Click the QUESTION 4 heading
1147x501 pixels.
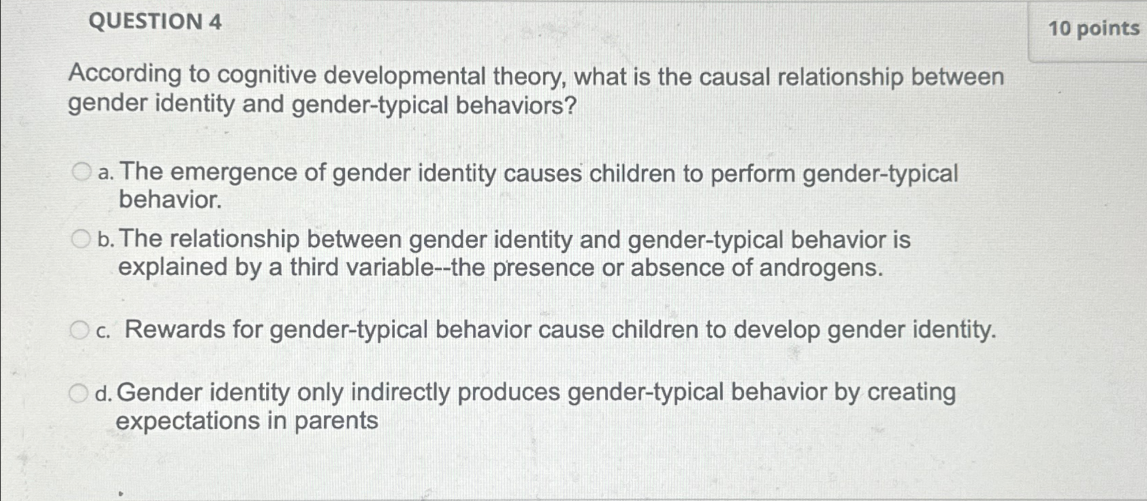(155, 22)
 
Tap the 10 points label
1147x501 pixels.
(1094, 29)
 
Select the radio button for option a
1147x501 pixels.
(82, 172)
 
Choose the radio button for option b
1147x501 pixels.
(80, 239)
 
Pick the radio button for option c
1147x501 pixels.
(80, 330)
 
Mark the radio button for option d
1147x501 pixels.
(78, 393)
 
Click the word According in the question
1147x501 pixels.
(125, 75)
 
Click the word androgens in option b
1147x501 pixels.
(821, 268)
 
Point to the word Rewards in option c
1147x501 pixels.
(175, 329)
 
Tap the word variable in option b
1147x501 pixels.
(387, 267)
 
